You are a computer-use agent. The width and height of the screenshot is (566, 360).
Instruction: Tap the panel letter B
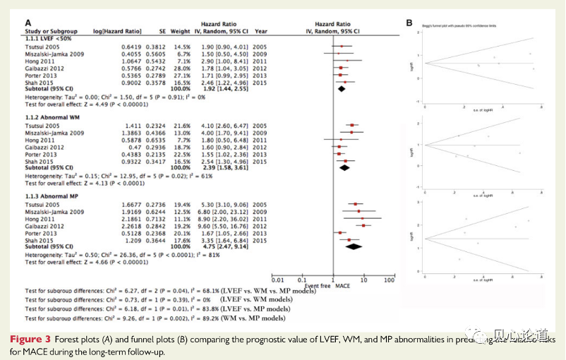tap(409, 23)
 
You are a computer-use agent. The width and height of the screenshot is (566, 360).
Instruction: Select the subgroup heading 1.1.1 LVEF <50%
tap(49, 38)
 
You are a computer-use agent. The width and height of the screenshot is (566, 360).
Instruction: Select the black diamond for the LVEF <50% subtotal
tap(342, 90)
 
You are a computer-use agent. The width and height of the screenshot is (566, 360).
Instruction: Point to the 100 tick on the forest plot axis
tap(389, 280)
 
